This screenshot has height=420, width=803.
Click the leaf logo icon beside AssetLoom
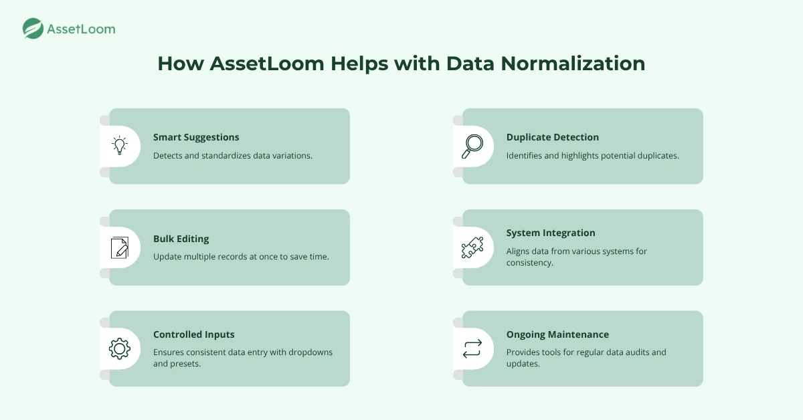pos(33,28)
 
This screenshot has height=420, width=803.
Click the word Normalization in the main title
pos(573,64)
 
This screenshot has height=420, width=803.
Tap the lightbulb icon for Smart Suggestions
pos(119,146)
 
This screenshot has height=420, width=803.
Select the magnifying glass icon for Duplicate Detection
pos(472,146)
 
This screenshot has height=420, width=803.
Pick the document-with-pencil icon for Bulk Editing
pos(120,247)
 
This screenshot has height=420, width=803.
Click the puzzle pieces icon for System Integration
pos(472,247)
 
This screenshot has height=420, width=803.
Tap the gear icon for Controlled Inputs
pos(119,348)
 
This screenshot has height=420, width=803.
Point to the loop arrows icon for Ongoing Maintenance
pos(472,348)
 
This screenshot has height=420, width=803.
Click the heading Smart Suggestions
pos(196,137)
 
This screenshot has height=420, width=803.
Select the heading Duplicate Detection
pos(553,137)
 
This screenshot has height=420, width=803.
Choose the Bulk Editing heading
pos(181,239)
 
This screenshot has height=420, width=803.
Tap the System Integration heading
pos(551,233)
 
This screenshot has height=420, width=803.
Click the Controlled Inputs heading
pos(193,334)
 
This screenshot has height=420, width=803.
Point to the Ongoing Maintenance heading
pos(557,334)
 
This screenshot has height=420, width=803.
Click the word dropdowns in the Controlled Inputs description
pos(310,352)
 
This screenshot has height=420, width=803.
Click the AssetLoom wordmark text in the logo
pos(81,29)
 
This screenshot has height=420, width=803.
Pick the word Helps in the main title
pos(359,64)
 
